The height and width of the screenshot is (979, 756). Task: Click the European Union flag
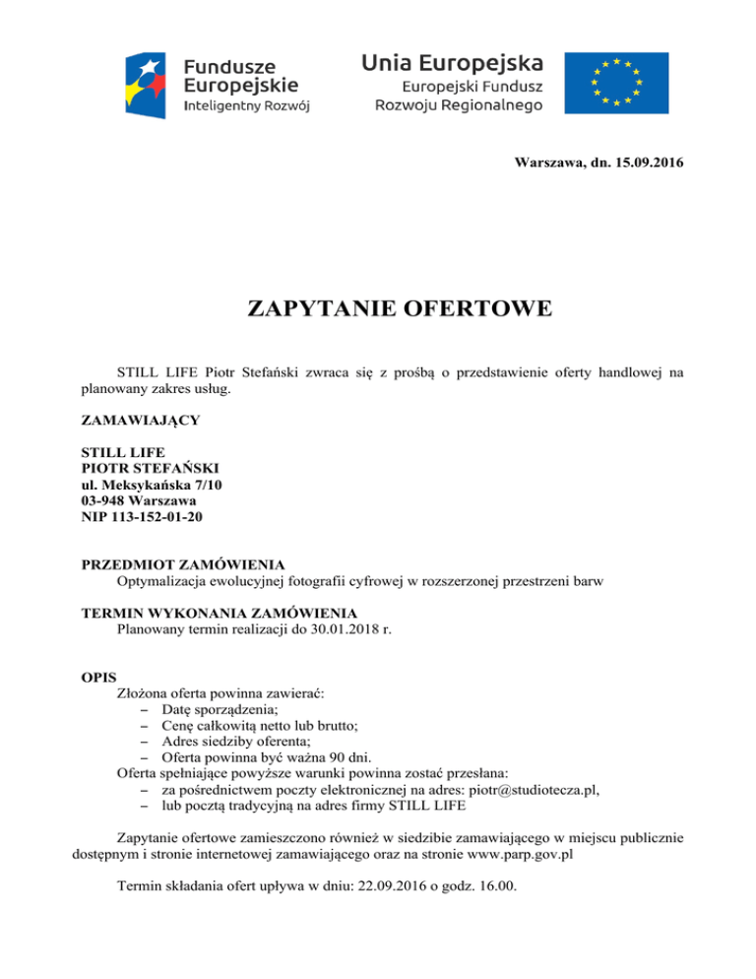tap(616, 82)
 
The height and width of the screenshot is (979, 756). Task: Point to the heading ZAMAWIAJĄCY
tap(139, 420)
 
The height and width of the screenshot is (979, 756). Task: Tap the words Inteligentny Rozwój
tap(248, 105)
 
